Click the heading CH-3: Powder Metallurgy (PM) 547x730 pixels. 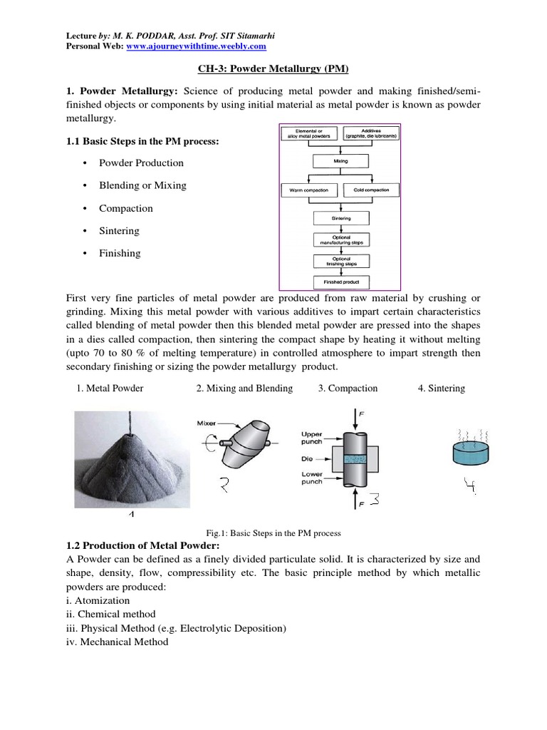(x=273, y=68)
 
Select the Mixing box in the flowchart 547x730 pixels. (x=340, y=162)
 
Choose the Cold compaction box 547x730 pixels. (x=371, y=190)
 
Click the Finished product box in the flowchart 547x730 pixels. (x=340, y=282)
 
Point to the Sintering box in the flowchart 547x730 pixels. (x=340, y=218)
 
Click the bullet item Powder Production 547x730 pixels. (x=141, y=163)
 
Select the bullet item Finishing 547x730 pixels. (x=120, y=253)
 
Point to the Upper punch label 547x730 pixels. (x=312, y=437)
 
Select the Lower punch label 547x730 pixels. (x=312, y=477)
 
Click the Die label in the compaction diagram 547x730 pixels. (x=307, y=458)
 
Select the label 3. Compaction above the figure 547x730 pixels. (x=348, y=389)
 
